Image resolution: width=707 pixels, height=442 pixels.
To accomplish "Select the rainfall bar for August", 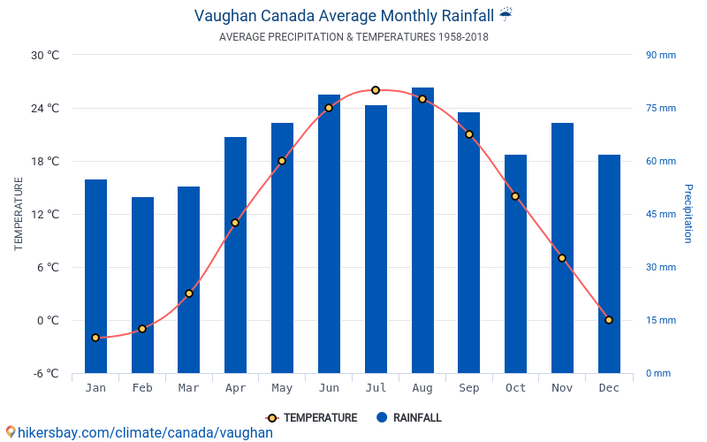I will coord(422,230).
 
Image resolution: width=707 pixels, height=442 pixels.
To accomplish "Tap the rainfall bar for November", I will coord(562,248).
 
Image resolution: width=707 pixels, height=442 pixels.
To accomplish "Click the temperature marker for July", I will coord(376,90).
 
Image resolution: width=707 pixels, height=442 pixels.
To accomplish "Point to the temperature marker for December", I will coord(609,320).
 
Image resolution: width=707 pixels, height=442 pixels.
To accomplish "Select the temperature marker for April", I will coord(235,223).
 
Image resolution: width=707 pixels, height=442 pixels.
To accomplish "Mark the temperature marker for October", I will coord(515,196).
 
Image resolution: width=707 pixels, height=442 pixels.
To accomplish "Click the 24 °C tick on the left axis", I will coord(45,108).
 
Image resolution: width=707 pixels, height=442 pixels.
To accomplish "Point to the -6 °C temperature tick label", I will coord(45,373).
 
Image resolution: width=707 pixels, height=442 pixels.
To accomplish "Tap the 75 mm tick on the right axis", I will coord(660,108).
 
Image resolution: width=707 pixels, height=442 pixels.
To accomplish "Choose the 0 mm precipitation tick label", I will coord(658,373).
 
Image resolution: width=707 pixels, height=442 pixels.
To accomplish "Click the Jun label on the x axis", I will coord(329,388).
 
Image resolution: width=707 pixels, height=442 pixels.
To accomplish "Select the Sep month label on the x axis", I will coord(468,388).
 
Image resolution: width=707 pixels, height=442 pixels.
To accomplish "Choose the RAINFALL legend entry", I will coord(408,418).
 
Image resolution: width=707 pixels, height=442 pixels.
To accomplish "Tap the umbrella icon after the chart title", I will coord(506,14).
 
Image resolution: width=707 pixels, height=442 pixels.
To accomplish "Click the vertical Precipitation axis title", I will coord(688,214).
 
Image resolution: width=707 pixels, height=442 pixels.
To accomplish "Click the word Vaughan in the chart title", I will coord(225,15).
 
